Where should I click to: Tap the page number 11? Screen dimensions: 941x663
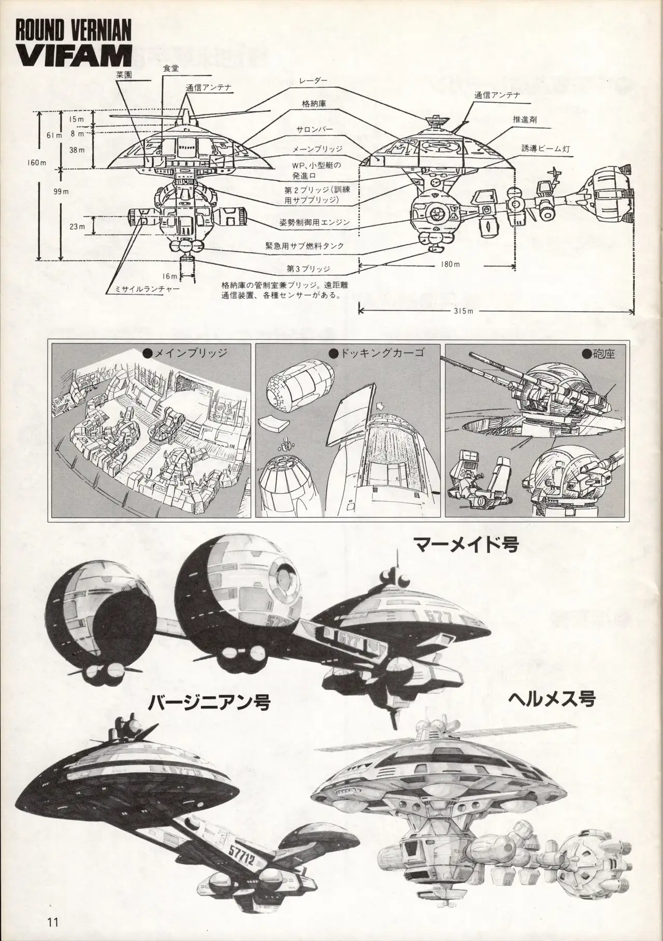click(x=52, y=921)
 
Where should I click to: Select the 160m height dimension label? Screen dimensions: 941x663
click(x=36, y=163)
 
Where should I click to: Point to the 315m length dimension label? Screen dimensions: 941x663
click(x=462, y=311)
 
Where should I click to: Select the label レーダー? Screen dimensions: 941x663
click(x=312, y=80)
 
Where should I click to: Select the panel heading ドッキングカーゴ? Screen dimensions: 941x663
click(x=381, y=354)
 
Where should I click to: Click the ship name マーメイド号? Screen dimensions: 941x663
click(x=466, y=544)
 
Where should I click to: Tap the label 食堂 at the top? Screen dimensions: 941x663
click(x=170, y=74)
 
